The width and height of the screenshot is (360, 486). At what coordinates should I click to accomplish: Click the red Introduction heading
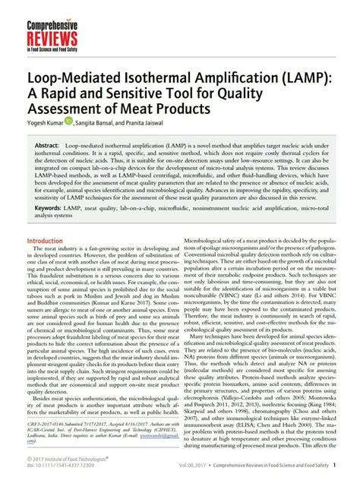coord(49,241)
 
